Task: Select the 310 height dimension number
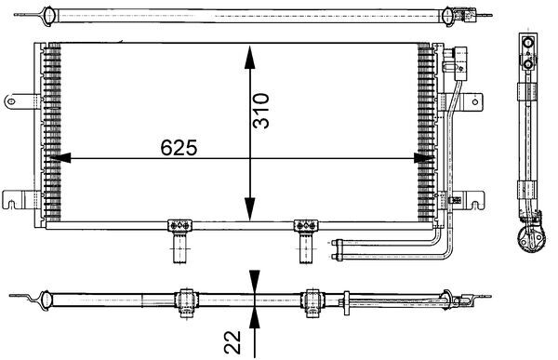tap(261, 109)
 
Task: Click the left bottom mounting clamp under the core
tap(178, 226)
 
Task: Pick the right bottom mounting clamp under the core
tap(306, 226)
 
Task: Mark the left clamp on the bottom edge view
tap(184, 299)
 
